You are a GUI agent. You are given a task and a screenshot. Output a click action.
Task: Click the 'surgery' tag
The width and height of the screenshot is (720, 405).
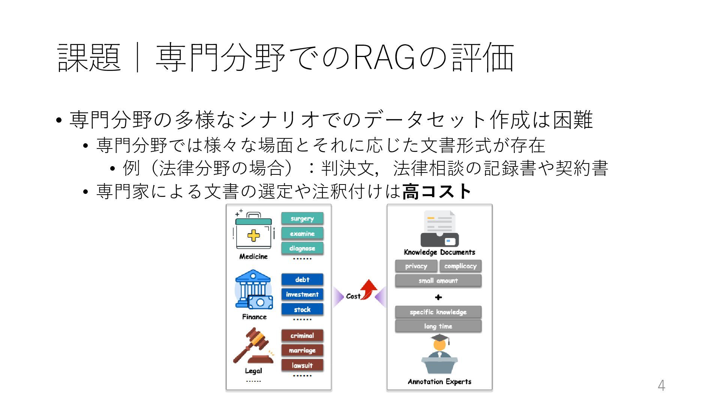click(302, 219)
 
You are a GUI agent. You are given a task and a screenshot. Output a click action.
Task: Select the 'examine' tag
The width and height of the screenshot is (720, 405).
click(302, 234)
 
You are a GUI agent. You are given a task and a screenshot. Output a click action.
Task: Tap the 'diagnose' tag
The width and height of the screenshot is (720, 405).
click(302, 248)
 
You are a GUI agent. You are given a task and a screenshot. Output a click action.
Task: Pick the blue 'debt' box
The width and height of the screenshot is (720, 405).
click(302, 280)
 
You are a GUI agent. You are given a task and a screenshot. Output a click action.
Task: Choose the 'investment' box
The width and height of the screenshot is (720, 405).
click(302, 294)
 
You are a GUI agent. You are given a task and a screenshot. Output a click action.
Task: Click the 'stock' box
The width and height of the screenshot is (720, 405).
click(302, 309)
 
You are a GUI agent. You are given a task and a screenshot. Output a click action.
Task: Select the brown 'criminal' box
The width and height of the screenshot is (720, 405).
click(302, 336)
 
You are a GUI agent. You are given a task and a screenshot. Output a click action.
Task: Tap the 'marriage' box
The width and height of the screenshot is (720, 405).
click(302, 350)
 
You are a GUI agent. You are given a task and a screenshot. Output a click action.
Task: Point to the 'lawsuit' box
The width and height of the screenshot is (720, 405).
click(302, 365)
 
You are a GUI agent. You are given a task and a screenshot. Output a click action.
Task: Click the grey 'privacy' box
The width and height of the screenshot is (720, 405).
click(416, 266)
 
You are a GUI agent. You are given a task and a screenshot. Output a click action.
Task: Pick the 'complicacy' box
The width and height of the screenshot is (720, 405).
click(460, 266)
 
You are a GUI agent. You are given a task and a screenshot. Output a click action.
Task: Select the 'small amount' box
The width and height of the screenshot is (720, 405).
click(438, 280)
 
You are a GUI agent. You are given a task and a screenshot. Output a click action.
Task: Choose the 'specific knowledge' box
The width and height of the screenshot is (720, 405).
click(438, 312)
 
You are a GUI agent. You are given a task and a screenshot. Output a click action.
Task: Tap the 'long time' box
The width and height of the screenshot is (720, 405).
click(438, 326)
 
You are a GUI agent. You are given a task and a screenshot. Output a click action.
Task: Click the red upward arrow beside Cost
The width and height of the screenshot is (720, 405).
click(369, 289)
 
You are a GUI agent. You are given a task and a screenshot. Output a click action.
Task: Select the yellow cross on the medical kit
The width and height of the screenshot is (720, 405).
click(253, 235)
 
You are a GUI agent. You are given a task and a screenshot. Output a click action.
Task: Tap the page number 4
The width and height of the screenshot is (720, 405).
click(661, 385)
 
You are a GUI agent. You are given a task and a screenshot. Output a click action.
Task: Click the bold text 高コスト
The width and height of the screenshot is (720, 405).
click(436, 191)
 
